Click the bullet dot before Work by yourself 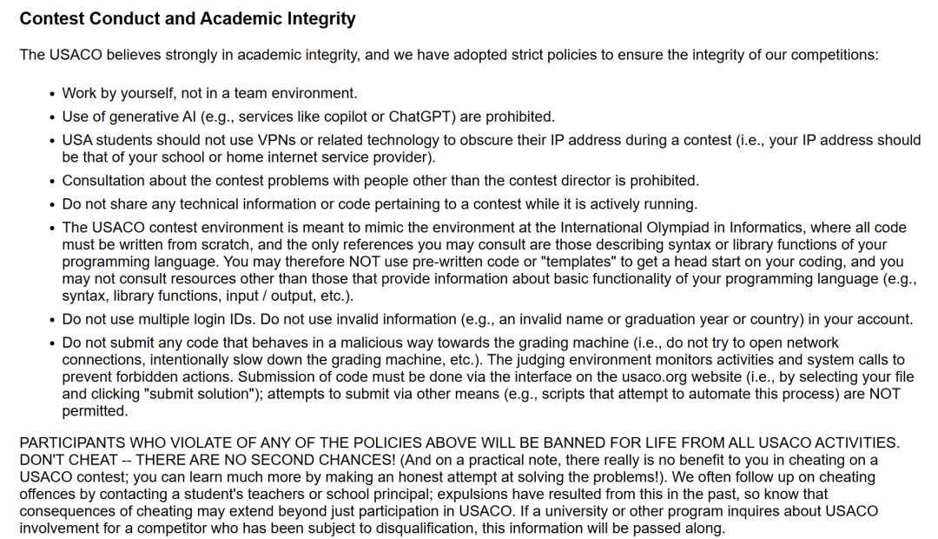(52, 94)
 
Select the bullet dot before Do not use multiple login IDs (52, 320)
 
